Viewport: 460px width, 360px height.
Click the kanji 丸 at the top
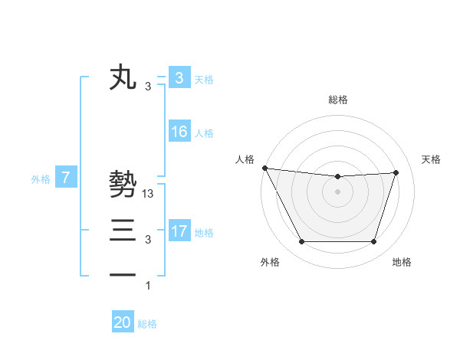[123, 78]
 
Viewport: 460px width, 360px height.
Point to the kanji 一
[123, 273]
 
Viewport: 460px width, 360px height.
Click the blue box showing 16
[179, 132]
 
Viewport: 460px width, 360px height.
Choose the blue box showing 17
[179, 231]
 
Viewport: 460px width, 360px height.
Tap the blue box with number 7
[66, 178]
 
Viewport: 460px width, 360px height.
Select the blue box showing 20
[123, 322]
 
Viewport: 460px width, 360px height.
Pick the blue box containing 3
[179, 78]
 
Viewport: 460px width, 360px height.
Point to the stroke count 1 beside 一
[148, 286]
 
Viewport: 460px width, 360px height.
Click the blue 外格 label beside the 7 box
[41, 179]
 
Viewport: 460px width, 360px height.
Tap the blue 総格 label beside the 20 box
[147, 323]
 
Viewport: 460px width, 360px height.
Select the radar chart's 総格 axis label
[338, 100]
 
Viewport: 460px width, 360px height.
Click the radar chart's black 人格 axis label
[245, 159]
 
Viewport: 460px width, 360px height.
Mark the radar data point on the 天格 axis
[396, 172]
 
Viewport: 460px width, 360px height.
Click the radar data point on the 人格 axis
[264, 168]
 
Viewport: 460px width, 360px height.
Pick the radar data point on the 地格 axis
[374, 242]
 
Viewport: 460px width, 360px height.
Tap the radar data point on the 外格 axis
[301, 242]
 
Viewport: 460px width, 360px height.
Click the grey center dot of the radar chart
[338, 191]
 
